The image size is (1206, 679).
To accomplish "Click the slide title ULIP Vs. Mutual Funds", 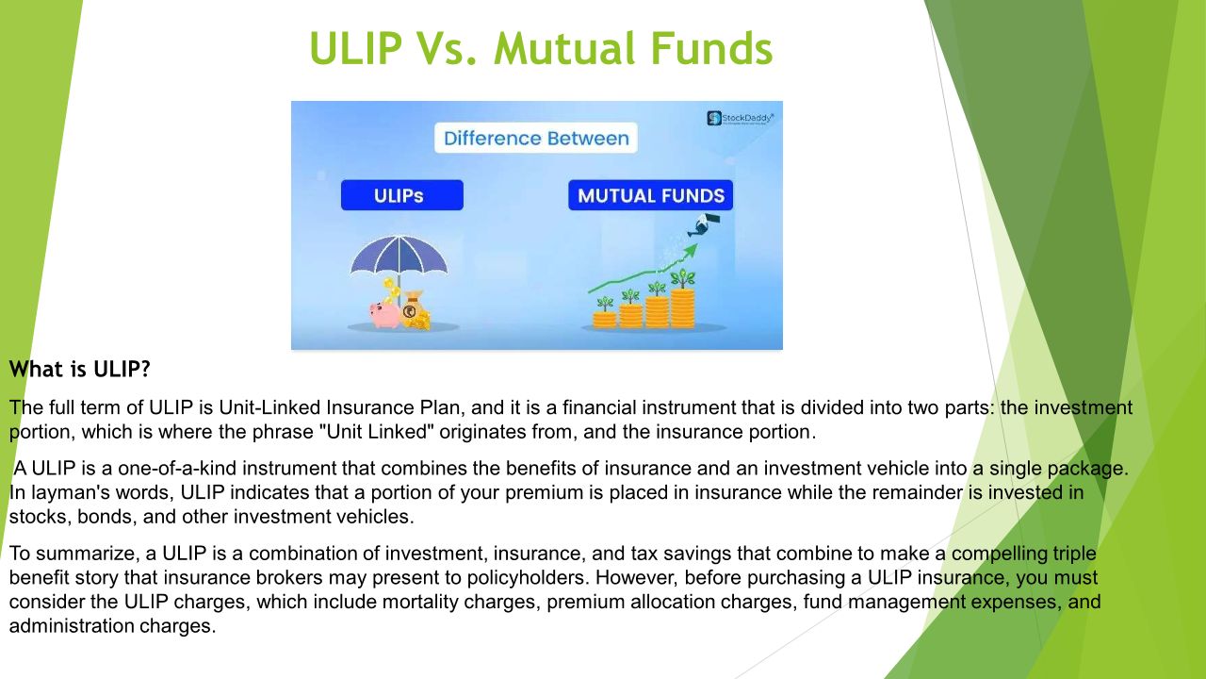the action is (x=541, y=48).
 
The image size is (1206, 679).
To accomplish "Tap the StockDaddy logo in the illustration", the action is (x=740, y=118).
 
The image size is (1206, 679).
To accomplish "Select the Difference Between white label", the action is (x=536, y=139).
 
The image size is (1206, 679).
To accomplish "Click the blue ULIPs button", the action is (x=402, y=195).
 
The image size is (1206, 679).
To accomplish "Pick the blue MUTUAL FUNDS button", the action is (x=650, y=195).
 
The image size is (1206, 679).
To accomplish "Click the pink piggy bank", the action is (x=384, y=314).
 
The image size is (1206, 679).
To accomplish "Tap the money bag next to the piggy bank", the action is (x=415, y=310).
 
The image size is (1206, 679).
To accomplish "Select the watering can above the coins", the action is (x=703, y=224).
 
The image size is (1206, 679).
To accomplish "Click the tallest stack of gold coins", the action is (x=682, y=307).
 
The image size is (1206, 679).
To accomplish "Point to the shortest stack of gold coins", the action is (x=605, y=320).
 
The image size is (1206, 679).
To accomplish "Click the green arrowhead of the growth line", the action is (x=691, y=250).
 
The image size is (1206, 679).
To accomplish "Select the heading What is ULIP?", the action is (x=80, y=369).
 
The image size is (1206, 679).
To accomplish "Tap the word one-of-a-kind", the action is (x=177, y=468).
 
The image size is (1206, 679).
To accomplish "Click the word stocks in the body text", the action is (x=40, y=517).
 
